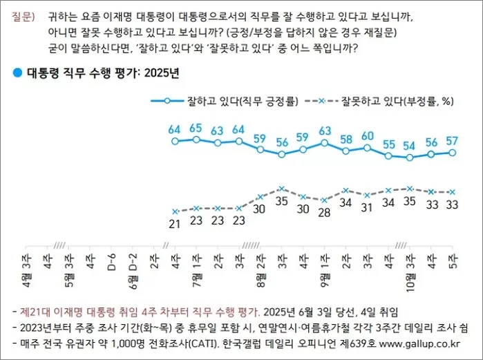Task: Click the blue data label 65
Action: tap(196, 128)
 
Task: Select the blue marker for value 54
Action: tap(410, 158)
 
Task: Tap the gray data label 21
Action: tap(175, 222)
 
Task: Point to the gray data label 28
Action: tap(324, 212)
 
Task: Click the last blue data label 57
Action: tap(453, 141)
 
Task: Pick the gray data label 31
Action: tap(367, 207)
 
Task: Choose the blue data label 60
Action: tap(367, 135)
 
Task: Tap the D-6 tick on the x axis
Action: tap(111, 262)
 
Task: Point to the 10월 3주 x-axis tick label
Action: tap(410, 269)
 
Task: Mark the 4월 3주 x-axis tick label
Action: tap(26, 269)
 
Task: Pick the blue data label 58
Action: tap(345, 140)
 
